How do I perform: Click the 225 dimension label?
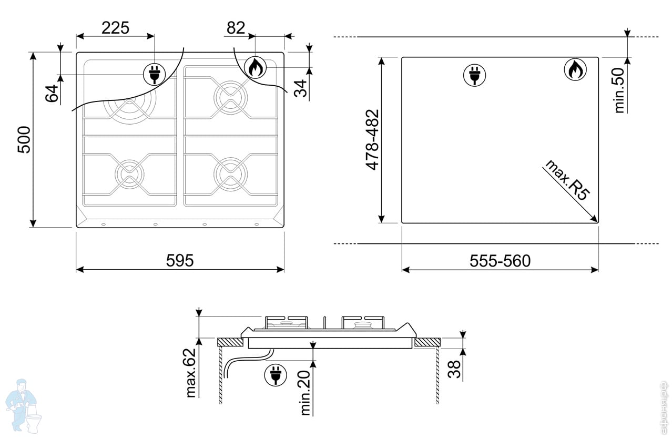pyautogui.click(x=116, y=28)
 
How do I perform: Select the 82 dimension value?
pyautogui.click(x=236, y=28)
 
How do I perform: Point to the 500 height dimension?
pyautogui.click(x=24, y=140)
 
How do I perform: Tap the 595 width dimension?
pyautogui.click(x=180, y=260)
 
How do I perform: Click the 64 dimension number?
pyautogui.click(x=52, y=93)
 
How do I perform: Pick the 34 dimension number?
pyautogui.click(x=300, y=88)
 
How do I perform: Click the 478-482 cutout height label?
pyautogui.click(x=372, y=140)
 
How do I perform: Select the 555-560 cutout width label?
pyautogui.click(x=500, y=261)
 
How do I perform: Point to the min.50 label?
pyautogui.click(x=619, y=90)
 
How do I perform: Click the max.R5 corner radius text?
pyautogui.click(x=567, y=180)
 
